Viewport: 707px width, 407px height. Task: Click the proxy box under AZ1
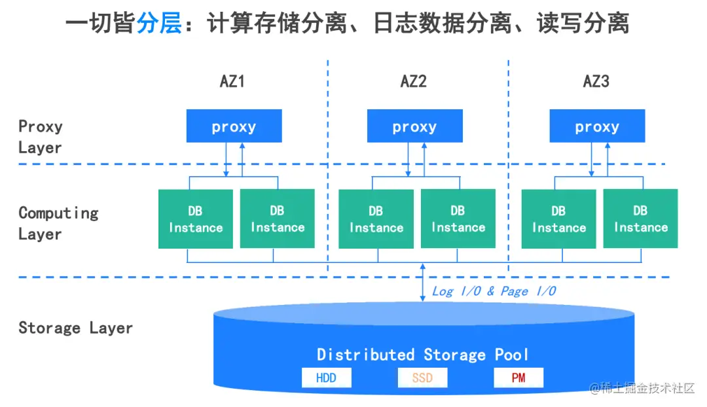(x=234, y=126)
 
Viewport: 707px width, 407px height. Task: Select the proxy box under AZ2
(x=414, y=126)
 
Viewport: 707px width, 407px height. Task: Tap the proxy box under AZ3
(x=596, y=126)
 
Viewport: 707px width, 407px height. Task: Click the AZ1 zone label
(x=232, y=82)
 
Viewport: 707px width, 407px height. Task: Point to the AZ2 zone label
(x=414, y=82)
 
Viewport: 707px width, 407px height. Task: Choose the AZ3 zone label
(x=596, y=82)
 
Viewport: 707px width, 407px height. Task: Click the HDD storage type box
(x=326, y=378)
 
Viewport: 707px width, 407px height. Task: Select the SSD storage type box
(x=422, y=378)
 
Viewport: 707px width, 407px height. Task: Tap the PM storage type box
(x=518, y=378)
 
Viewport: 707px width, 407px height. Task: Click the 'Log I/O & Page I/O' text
(x=494, y=291)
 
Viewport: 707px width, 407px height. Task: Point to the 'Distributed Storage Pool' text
(x=423, y=355)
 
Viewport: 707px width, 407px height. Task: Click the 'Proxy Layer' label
(x=40, y=137)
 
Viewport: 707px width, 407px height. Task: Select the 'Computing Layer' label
(x=58, y=223)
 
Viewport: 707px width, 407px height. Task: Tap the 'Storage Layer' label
(x=75, y=328)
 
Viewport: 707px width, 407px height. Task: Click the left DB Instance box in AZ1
(x=195, y=219)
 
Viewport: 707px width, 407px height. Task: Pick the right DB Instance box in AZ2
(x=458, y=219)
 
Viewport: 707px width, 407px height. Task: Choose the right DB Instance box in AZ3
(x=640, y=219)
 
